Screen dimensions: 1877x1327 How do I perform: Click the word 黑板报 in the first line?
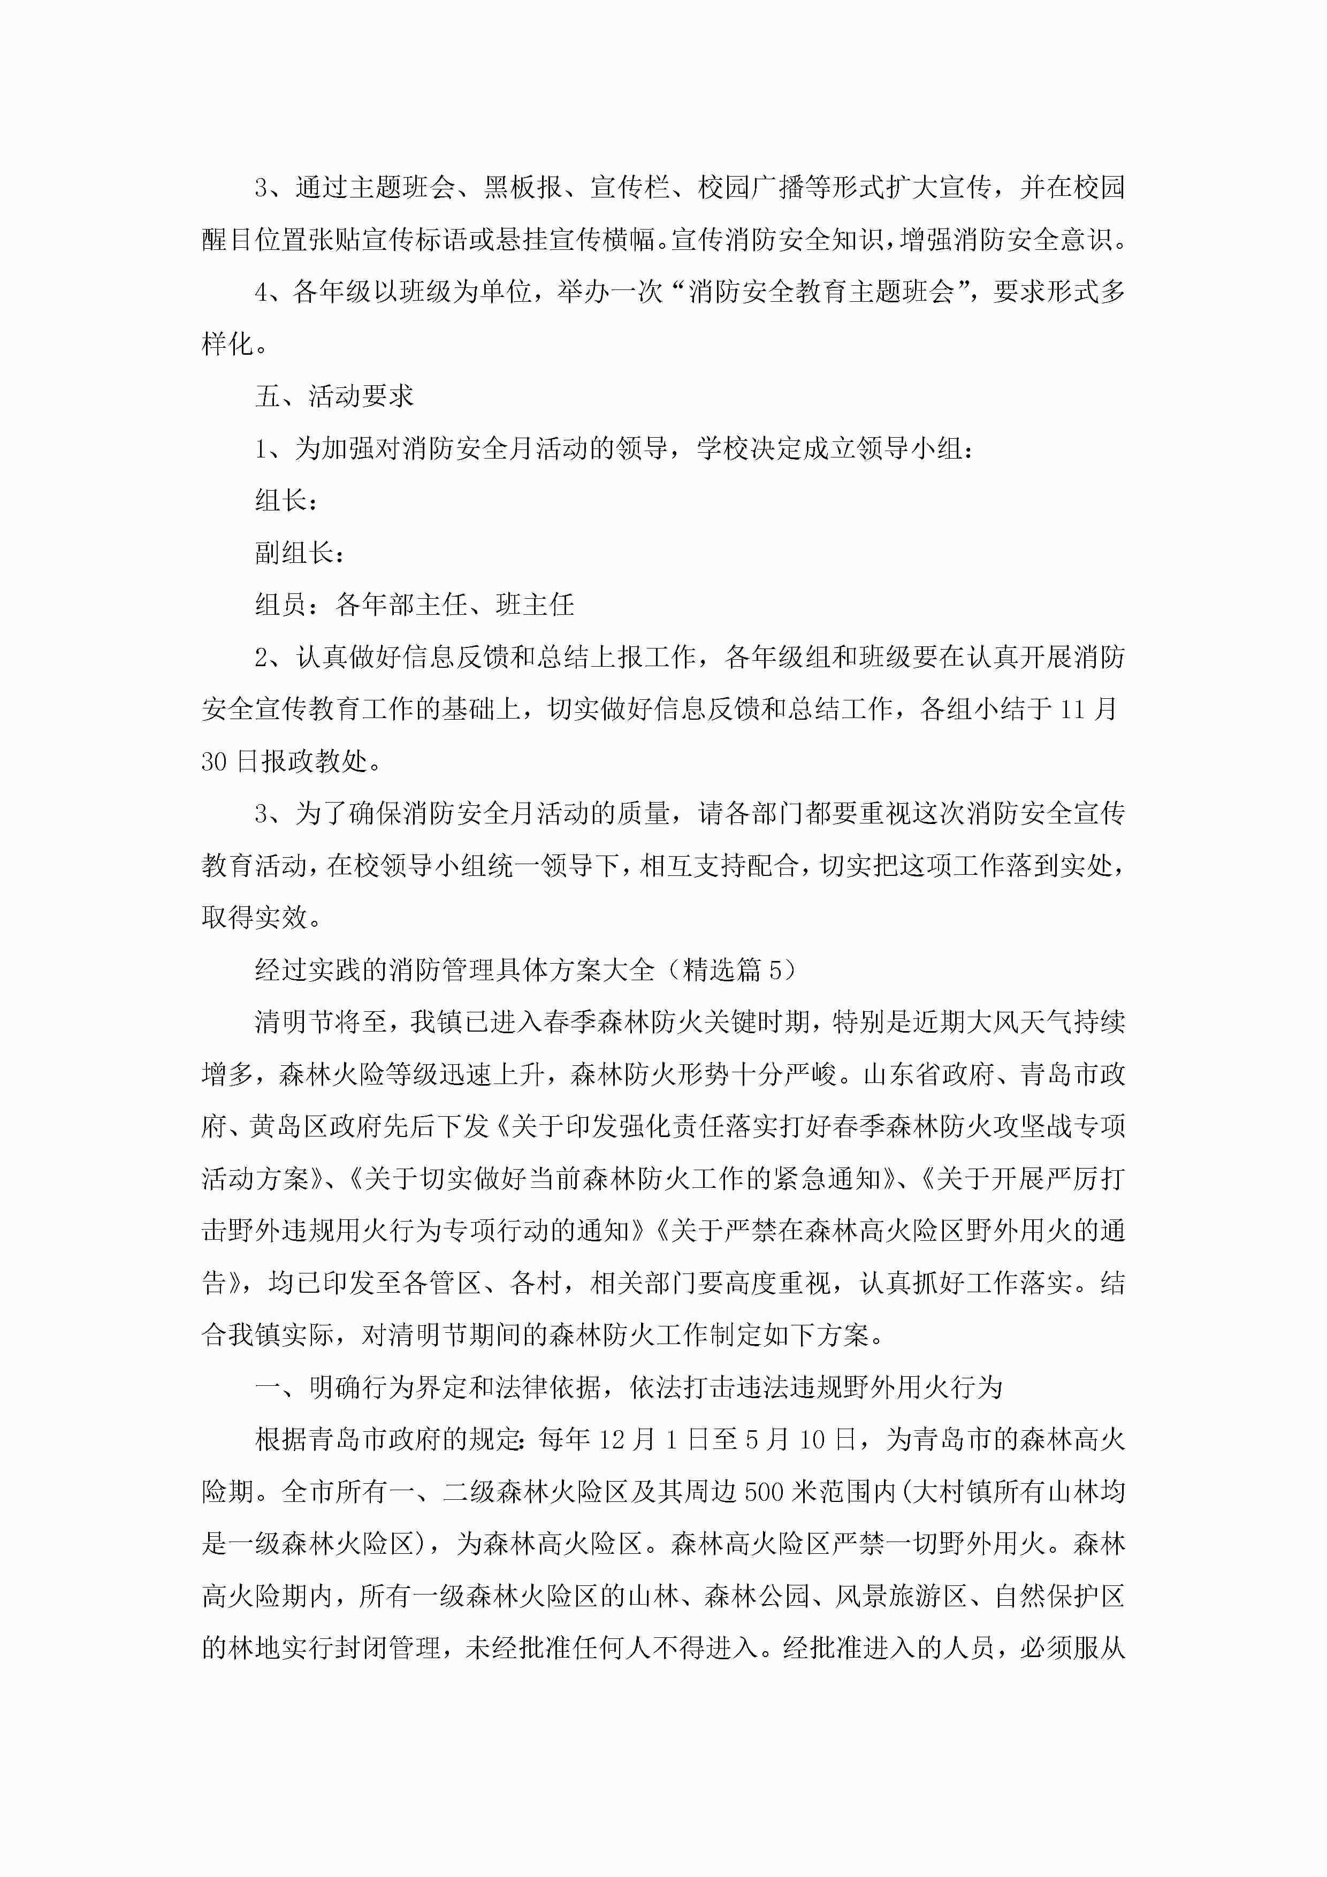pos(523,188)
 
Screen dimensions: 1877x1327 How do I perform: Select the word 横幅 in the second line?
pos(630,240)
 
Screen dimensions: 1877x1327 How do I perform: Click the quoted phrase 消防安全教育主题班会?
pos(821,292)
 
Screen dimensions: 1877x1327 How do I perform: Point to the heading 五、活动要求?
pos(334,396)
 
